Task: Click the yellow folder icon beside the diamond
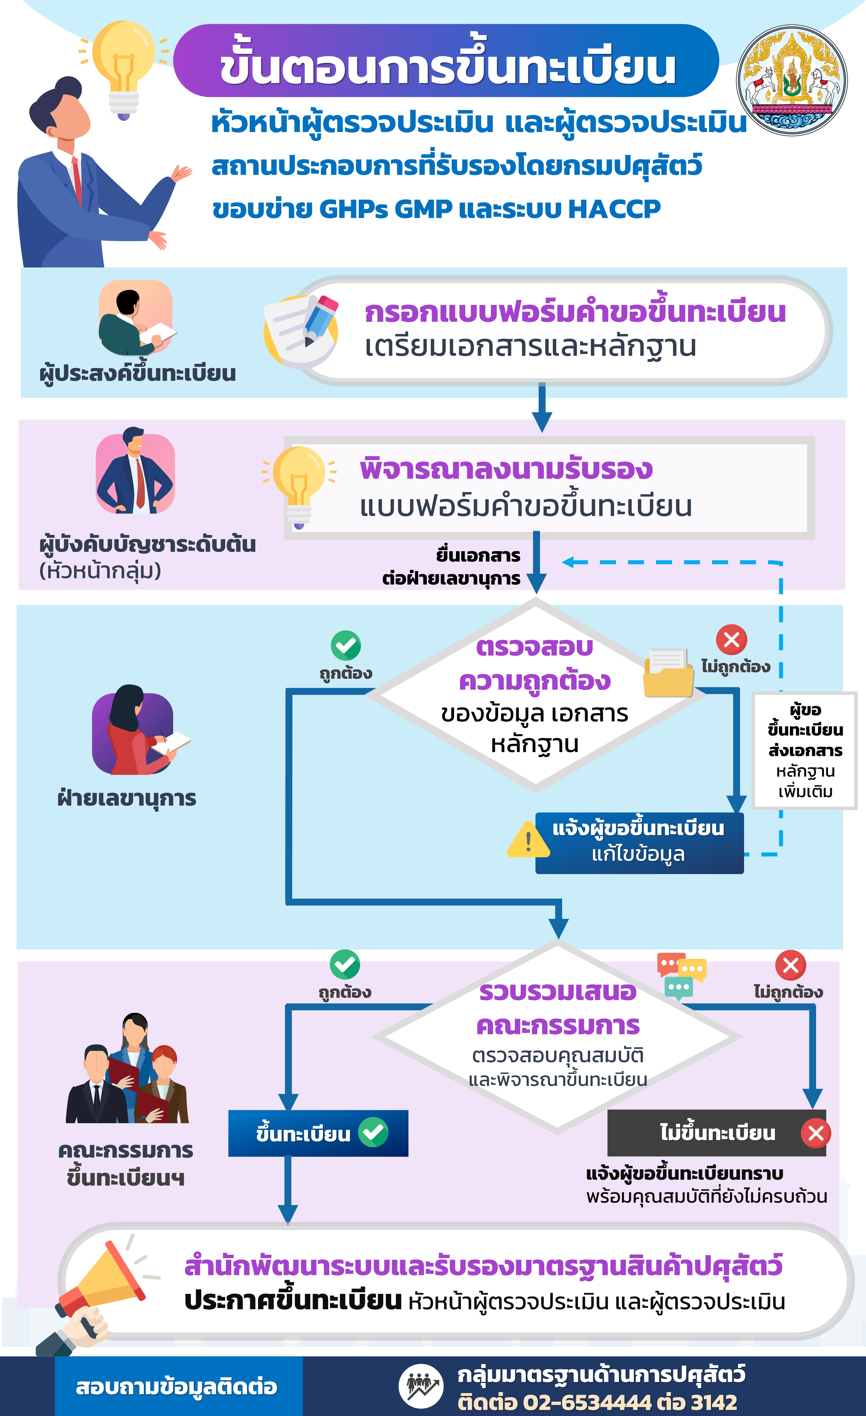tap(668, 674)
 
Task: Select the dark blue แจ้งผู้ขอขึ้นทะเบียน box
tap(639, 842)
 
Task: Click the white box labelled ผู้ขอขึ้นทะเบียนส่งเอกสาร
tap(804, 750)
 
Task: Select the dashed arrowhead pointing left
tap(567, 562)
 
